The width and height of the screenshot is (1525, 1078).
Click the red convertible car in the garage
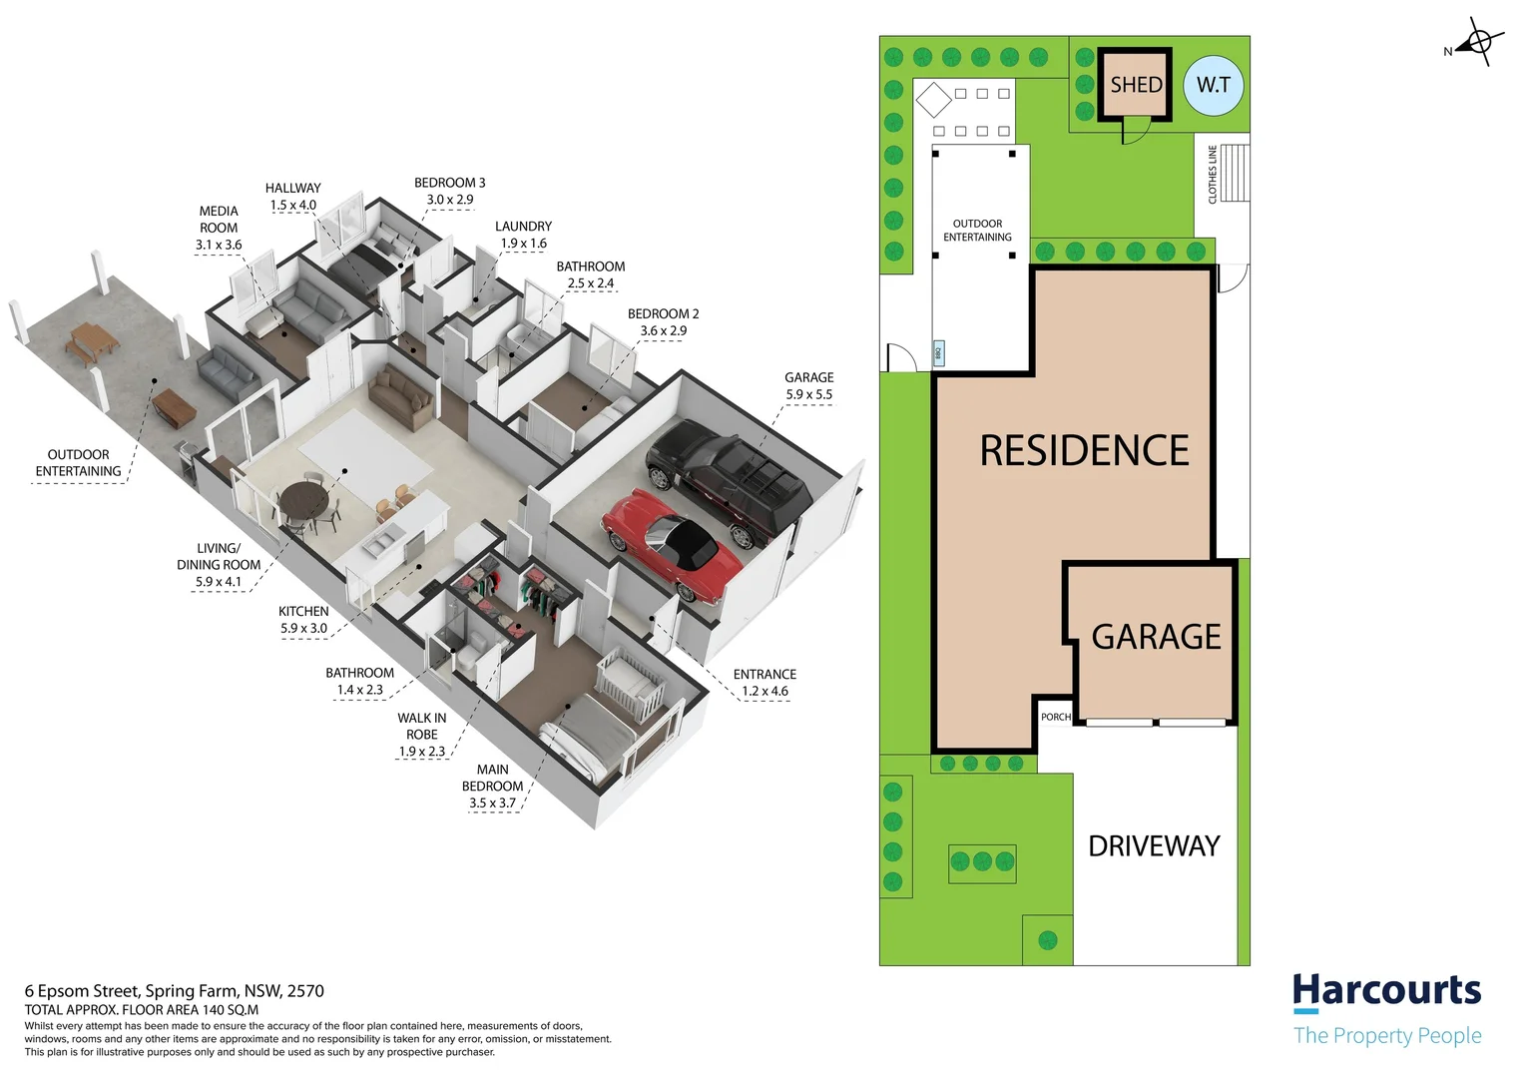(671, 545)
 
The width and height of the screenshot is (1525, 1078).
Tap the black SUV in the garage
(729, 480)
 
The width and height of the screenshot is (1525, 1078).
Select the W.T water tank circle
(1214, 85)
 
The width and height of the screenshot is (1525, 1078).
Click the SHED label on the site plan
(1136, 85)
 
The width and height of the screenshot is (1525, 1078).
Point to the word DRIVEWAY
(1154, 845)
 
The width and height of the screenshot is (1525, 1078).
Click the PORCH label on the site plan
(1056, 717)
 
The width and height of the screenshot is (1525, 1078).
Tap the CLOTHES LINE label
(1213, 175)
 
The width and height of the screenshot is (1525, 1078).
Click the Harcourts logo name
(1387, 991)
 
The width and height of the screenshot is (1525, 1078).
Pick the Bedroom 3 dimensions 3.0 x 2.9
(450, 200)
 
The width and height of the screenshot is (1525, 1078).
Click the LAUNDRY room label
(524, 227)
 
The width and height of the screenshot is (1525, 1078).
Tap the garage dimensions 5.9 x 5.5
(808, 394)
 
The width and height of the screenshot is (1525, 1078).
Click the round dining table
(304, 502)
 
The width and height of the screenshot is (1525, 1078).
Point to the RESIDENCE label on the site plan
(1084, 450)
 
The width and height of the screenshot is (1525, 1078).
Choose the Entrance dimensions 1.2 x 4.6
(765, 691)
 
